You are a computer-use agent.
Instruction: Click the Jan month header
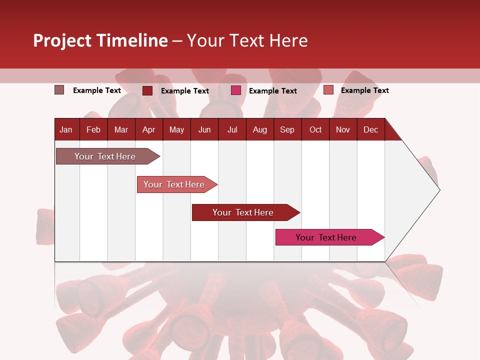point(66,129)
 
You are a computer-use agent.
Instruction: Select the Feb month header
point(93,129)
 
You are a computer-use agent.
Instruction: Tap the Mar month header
point(121,129)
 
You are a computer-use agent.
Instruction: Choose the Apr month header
point(148,129)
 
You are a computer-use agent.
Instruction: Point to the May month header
point(176,129)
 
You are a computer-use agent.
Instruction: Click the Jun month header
point(204,129)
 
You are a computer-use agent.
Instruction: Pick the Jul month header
point(232,129)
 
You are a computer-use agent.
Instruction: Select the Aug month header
point(259,129)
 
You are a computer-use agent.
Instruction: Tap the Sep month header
point(287,129)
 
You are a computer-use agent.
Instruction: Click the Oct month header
point(315,129)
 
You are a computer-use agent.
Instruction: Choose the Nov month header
point(343,129)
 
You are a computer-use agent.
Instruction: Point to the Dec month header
point(370,129)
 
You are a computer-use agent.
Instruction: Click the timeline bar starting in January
point(105,156)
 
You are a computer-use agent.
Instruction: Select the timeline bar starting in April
point(174,184)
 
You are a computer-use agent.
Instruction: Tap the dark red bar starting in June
point(243,212)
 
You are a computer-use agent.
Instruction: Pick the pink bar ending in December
point(326,237)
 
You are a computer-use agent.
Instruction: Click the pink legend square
point(236,90)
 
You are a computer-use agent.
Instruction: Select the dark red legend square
point(147,90)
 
